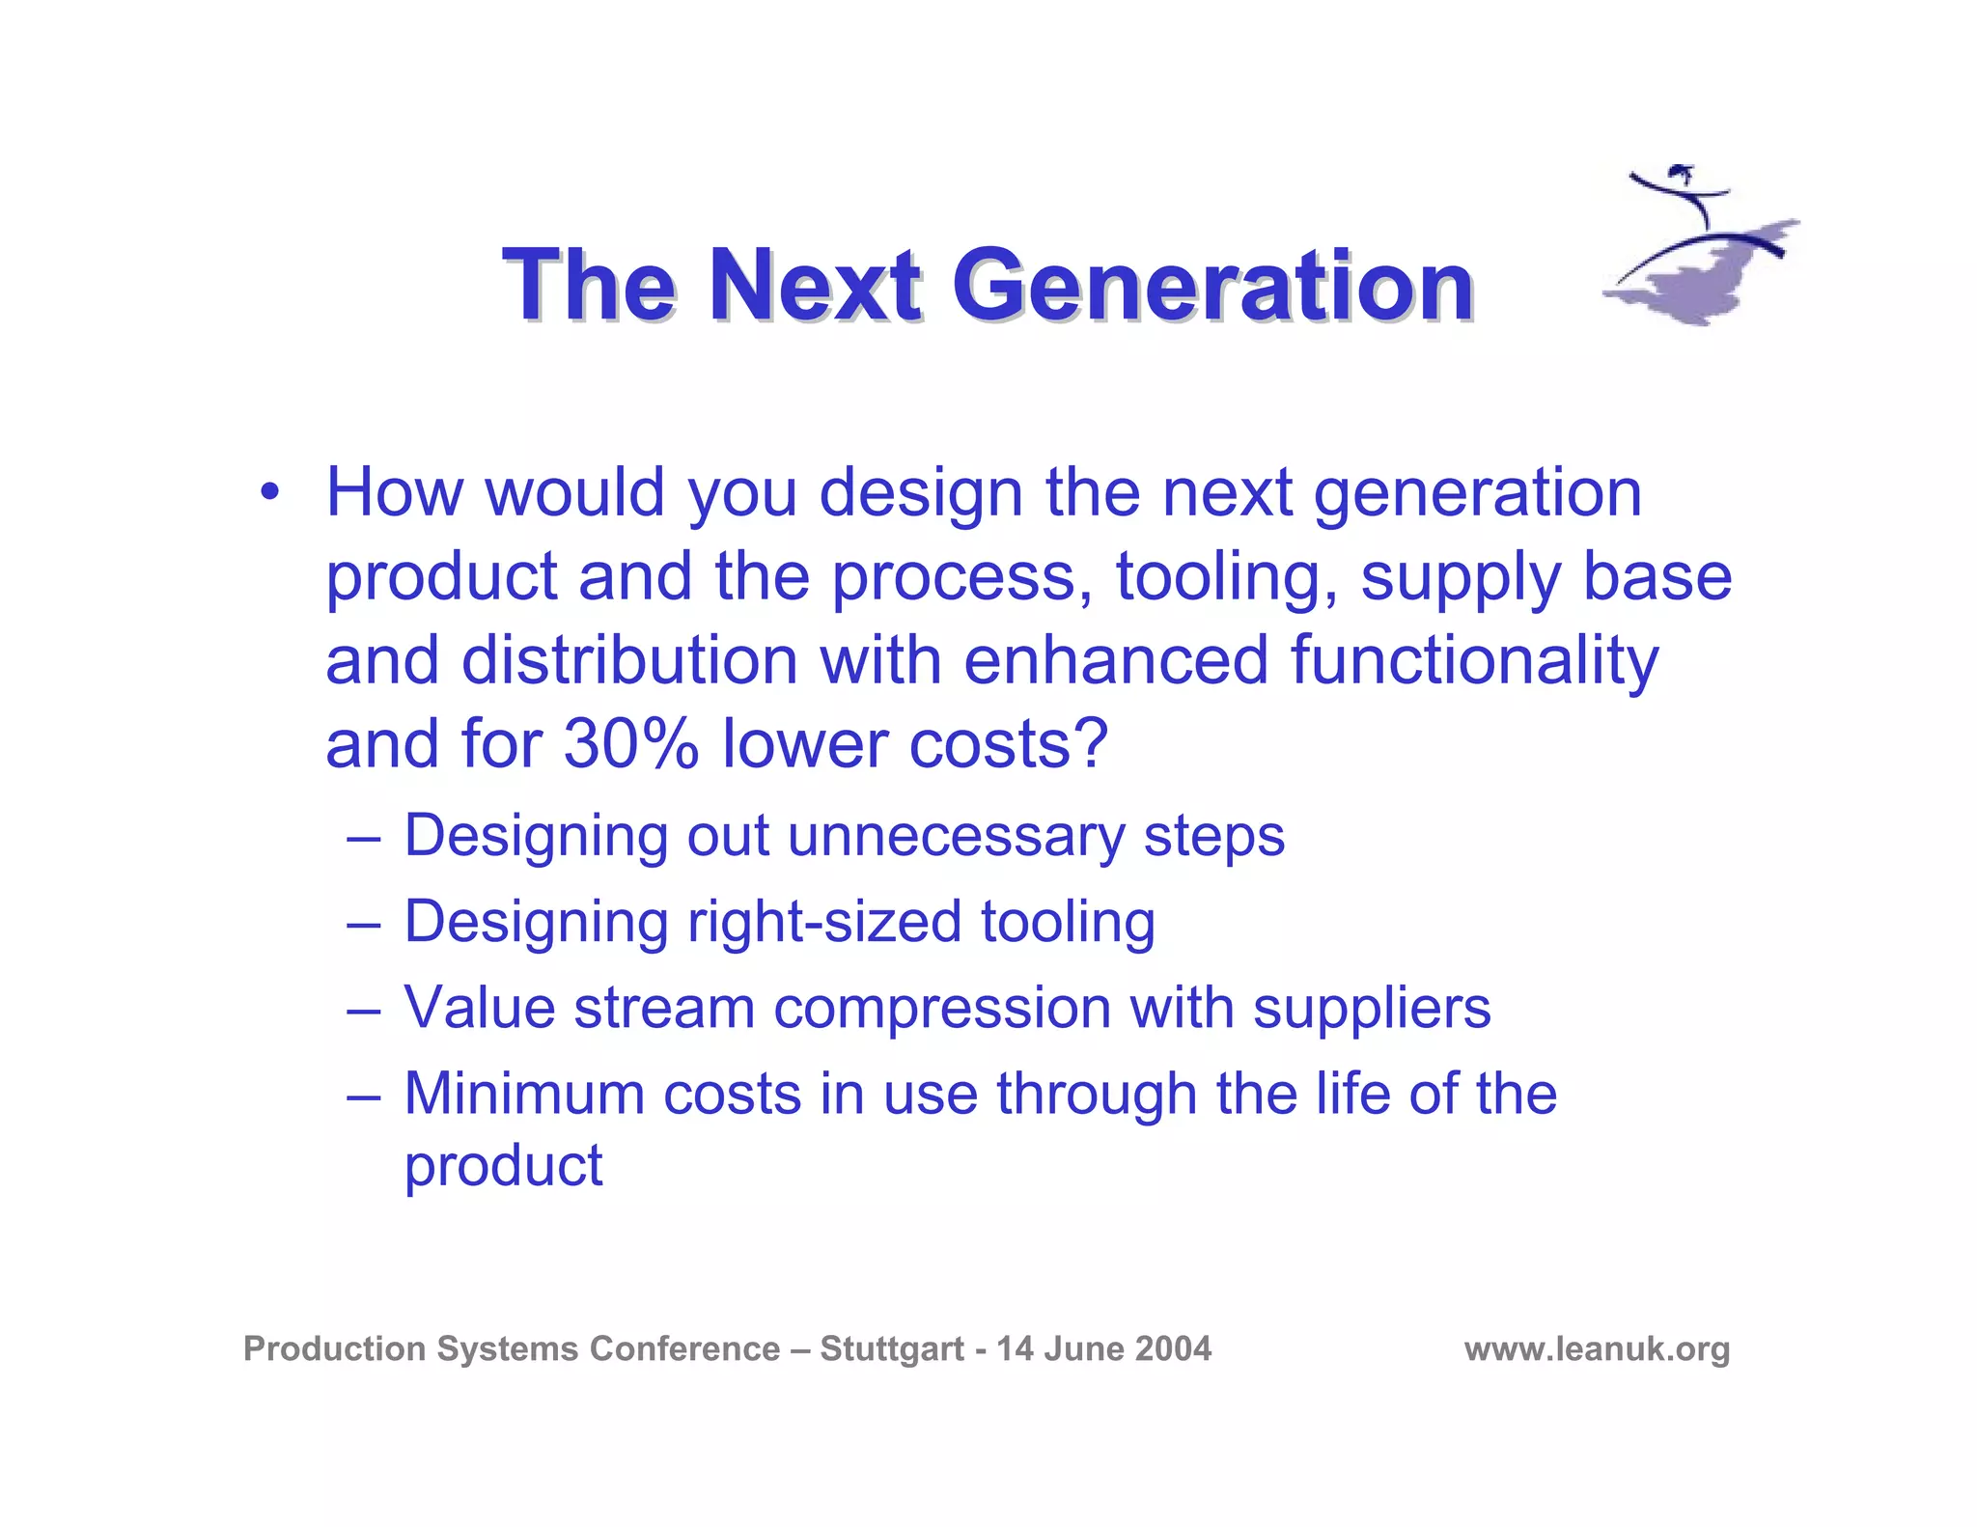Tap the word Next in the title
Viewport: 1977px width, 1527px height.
(815, 286)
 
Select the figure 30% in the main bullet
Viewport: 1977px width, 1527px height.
(630, 744)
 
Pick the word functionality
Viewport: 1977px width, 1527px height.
(1474, 661)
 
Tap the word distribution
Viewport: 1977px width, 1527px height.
(629, 661)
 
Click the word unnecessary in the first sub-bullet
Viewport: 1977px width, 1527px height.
(956, 836)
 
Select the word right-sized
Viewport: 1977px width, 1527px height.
(824, 922)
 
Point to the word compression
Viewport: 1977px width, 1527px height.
(942, 1008)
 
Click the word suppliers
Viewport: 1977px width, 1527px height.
(1372, 1010)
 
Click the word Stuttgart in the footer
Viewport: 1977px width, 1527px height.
(892, 1348)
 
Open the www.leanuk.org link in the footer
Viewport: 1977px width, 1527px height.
(1597, 1348)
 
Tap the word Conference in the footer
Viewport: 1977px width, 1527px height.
(684, 1348)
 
